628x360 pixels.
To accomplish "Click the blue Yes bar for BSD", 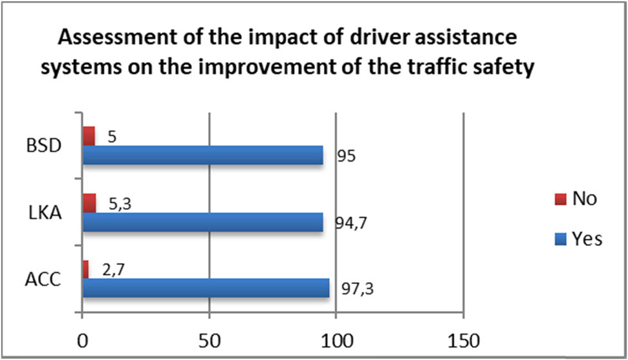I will [x=202, y=155].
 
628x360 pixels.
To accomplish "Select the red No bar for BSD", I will [x=89, y=136].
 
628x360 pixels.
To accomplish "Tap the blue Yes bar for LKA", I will [x=202, y=222].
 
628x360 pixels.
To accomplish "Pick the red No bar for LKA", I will [x=90, y=203].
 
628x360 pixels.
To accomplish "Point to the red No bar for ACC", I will [x=86, y=269].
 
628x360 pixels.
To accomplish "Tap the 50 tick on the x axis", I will [x=209, y=339].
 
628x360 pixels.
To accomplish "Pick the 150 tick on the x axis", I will [x=463, y=339].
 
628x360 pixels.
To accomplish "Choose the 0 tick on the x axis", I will [x=82, y=339].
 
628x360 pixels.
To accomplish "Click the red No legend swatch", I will [x=558, y=198].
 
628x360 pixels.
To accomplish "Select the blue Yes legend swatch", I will [x=558, y=239].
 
